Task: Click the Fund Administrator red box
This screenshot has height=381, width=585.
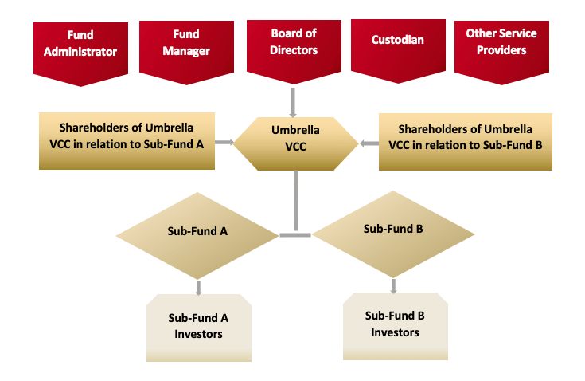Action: [80, 53]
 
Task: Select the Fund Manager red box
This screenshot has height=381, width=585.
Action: [186, 51]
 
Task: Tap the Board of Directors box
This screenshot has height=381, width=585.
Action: [294, 50]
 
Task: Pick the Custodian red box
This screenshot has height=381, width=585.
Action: [398, 49]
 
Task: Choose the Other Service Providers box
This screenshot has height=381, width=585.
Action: [501, 51]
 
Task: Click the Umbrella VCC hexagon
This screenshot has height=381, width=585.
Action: [295, 143]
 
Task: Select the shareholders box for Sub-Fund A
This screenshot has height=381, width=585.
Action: [127, 141]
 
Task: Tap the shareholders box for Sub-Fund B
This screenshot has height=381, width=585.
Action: [466, 142]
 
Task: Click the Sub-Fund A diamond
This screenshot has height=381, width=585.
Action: [197, 236]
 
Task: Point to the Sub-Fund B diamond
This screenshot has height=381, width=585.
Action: [393, 234]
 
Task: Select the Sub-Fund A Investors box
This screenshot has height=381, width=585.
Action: [199, 328]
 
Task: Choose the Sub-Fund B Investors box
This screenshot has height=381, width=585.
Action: [396, 326]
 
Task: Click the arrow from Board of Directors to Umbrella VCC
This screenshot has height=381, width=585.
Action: [293, 103]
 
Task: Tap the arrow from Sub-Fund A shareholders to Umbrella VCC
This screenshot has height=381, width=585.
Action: [224, 142]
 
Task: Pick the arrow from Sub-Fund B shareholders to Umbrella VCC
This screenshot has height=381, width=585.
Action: [369, 143]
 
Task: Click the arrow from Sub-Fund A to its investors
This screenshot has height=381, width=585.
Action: [198, 288]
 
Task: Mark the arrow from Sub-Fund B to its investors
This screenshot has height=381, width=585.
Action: [393, 286]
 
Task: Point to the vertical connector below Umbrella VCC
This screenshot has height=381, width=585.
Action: [296, 201]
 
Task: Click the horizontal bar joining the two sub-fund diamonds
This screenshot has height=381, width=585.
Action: [295, 235]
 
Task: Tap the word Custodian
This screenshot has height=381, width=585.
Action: [398, 40]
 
